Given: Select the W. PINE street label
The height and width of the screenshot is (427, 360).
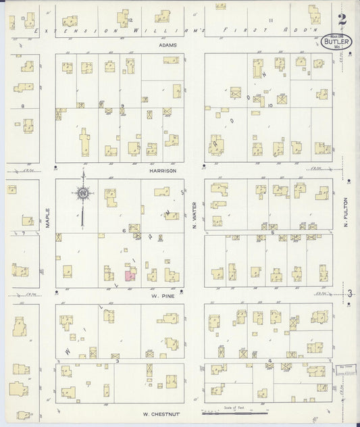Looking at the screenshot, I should [x=159, y=295].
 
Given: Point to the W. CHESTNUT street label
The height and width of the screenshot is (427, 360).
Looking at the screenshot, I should [x=159, y=413].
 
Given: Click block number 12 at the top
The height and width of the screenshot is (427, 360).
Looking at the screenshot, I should [x=130, y=21].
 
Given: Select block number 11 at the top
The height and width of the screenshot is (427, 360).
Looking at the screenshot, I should [x=270, y=21].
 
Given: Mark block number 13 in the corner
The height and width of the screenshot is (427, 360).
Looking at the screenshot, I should [x=23, y=18].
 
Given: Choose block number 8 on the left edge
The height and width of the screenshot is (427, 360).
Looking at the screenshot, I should [x=23, y=106].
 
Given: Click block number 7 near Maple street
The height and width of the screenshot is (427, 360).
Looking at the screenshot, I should [x=23, y=233].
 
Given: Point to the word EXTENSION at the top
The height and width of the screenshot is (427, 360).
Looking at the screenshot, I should [x=73, y=31].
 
